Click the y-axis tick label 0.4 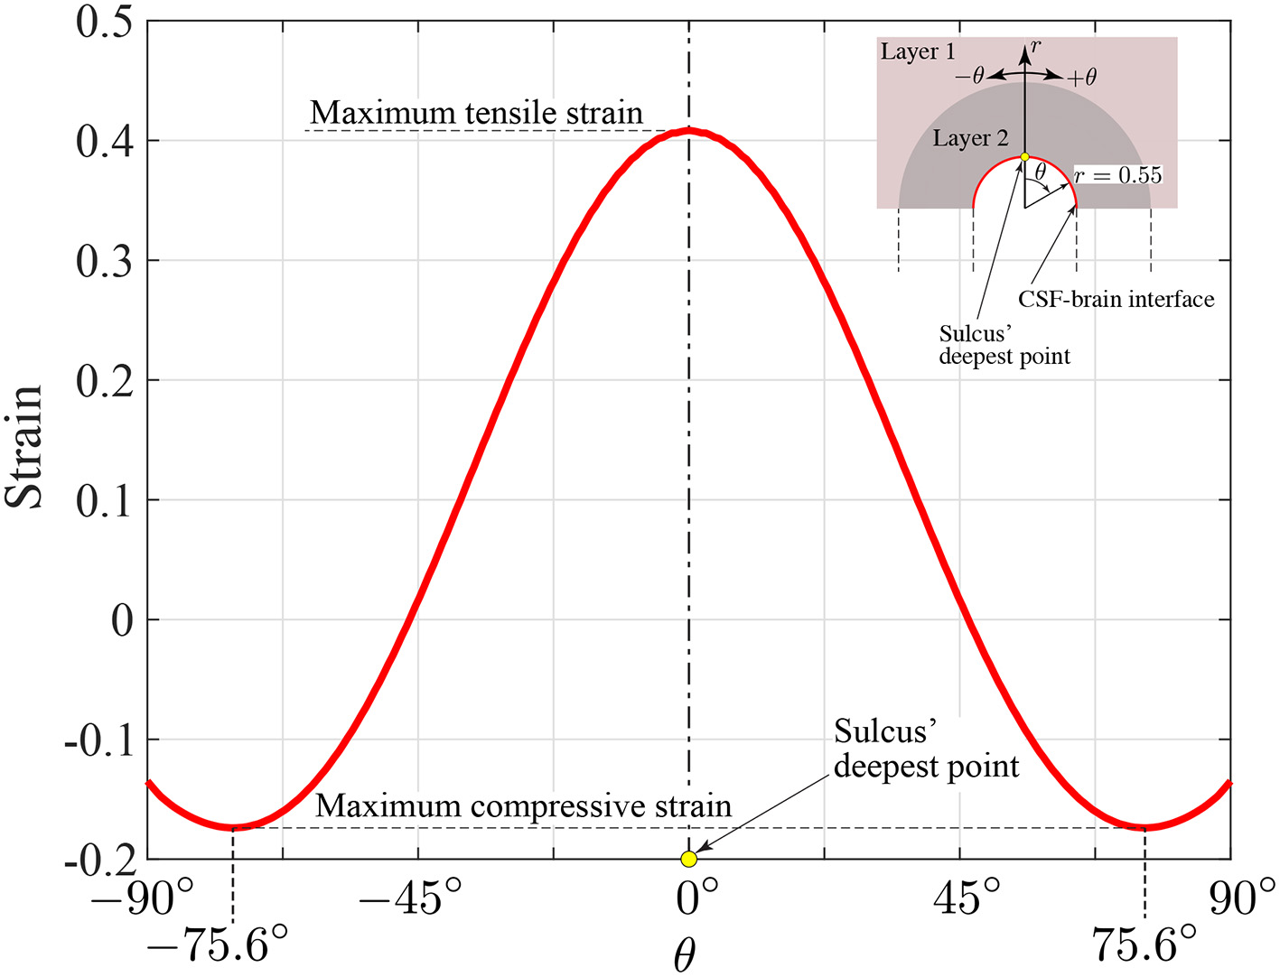point(105,142)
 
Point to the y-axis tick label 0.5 point(105,22)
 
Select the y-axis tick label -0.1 point(98,740)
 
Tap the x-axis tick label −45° point(410,898)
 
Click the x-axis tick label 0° point(697,898)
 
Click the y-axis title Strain point(25,446)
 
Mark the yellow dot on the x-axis point(688,859)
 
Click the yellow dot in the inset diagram point(1024,157)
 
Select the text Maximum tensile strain point(476,113)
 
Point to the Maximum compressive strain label point(523,805)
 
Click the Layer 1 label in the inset point(918,51)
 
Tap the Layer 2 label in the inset point(970,138)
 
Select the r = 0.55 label point(1118,175)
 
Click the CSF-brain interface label point(1116,299)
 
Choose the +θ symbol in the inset point(1081,78)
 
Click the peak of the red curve point(689,131)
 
